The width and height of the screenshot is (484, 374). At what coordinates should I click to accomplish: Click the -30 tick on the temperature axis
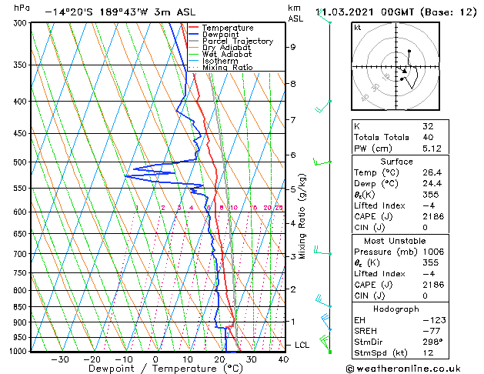pos(59,359)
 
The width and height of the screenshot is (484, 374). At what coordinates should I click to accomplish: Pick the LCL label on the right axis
pos(302,345)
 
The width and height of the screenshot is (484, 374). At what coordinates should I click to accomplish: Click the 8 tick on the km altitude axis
pos(292,83)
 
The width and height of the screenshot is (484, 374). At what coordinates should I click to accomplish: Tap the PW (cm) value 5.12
pos(430,149)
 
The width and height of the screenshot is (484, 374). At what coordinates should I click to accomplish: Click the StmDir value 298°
pos(431,341)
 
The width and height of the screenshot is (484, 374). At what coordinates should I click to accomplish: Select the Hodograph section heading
pos(396,309)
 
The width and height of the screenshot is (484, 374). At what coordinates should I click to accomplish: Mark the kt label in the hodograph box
pos(357,27)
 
